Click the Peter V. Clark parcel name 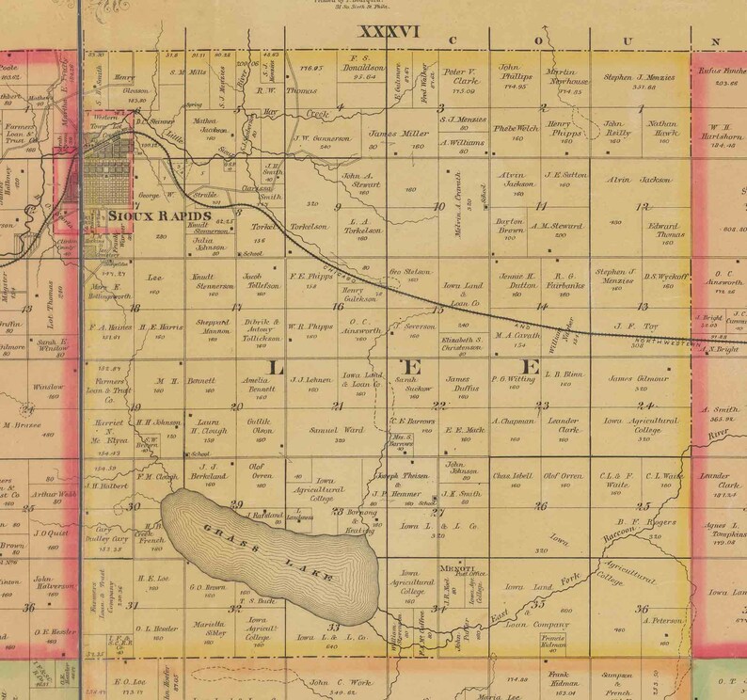pyautogui.click(x=461, y=75)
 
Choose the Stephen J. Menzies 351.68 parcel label pyautogui.click(x=639, y=82)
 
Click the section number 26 pyautogui.click(x=541, y=506)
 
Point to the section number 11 pyautogui.click(x=541, y=205)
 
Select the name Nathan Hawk pyautogui.click(x=662, y=128)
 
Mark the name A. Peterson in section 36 pyautogui.click(x=662, y=620)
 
